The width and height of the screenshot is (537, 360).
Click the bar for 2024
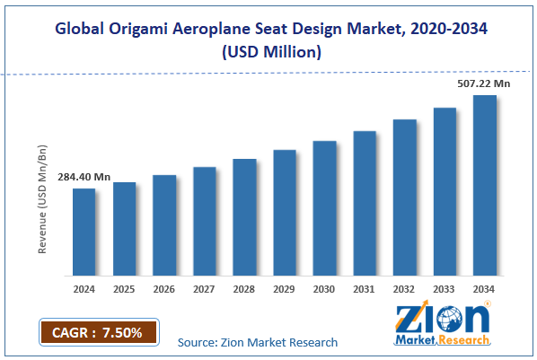(x=84, y=232)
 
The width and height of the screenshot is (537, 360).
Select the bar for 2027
(x=204, y=221)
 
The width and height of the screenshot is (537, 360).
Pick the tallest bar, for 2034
(x=485, y=185)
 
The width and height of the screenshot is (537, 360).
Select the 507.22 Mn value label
(x=484, y=84)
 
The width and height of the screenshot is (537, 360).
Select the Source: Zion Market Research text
(x=257, y=342)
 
